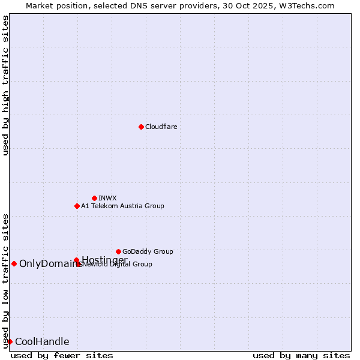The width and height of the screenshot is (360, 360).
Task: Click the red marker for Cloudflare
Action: coord(141,127)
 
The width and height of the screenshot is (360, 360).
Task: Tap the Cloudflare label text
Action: coord(161,127)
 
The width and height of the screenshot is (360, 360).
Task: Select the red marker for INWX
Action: coord(94,198)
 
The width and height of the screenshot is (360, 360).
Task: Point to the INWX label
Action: coord(107,198)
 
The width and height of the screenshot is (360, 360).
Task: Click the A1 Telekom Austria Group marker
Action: coord(77,206)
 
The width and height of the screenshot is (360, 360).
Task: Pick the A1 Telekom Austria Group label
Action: coord(122,206)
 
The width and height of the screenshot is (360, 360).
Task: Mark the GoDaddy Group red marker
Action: coord(118,251)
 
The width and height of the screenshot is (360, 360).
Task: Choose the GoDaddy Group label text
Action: coord(148,251)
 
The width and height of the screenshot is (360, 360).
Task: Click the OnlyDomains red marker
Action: coord(14,263)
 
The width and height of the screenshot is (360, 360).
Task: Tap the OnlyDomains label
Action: coord(49,263)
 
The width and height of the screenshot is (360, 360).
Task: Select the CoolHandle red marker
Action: coord(10,341)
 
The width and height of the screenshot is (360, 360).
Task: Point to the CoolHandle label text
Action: coord(42,342)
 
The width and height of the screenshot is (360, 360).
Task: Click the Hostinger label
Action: coord(104,259)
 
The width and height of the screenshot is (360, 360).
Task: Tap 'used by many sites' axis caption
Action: coord(301,355)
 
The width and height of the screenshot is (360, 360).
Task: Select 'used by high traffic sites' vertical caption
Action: coord(5,85)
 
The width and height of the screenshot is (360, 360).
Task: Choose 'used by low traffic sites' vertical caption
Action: coord(5,280)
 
